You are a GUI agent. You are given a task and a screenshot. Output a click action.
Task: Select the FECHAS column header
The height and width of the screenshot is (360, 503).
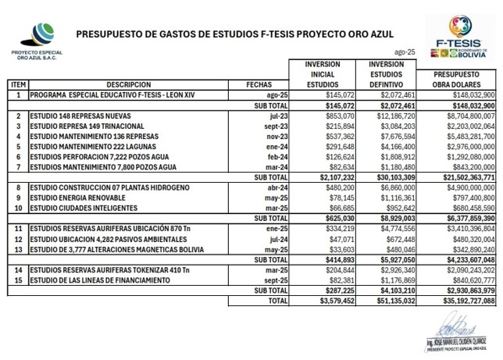point(259,83)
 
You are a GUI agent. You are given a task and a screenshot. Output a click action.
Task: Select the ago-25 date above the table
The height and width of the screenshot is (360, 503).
point(406,50)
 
